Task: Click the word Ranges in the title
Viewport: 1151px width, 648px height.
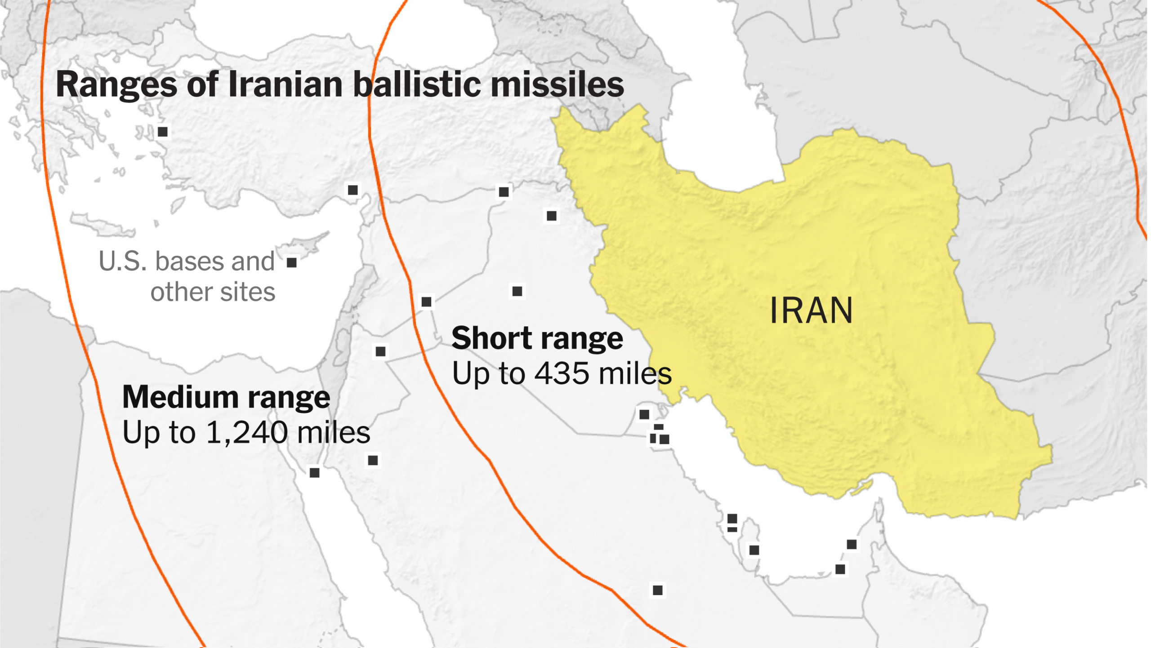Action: coord(116,85)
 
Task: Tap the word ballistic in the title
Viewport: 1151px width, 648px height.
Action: coord(417,84)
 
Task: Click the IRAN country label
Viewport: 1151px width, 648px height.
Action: coord(811,311)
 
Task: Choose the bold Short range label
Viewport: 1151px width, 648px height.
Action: coord(537,338)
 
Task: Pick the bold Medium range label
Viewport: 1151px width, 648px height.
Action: coord(226,398)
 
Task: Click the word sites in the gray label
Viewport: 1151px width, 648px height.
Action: coord(248,293)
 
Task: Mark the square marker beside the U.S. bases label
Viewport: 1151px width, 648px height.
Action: coord(292,262)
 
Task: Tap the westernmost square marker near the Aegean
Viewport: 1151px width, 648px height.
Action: coord(163,132)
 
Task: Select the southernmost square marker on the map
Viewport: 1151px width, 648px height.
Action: coord(657,590)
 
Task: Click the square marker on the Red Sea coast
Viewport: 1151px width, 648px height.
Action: coord(315,473)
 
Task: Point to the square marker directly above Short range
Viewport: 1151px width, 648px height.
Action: coord(518,292)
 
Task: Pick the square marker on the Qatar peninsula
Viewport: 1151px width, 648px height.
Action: coord(754,550)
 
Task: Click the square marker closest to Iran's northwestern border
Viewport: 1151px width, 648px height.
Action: coord(552,216)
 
